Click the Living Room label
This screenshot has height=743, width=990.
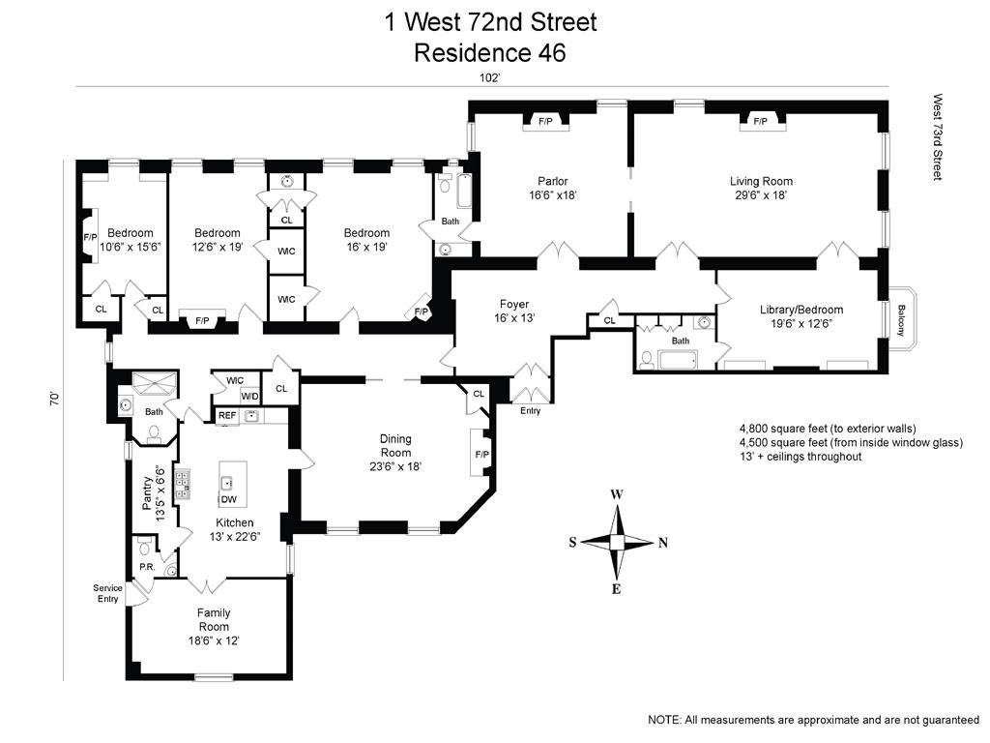(761, 181)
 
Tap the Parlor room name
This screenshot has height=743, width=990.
(552, 181)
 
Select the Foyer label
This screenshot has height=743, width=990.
(514, 305)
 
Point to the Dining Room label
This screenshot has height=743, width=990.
(395, 445)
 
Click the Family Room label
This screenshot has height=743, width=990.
(214, 620)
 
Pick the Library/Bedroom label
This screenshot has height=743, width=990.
(801, 310)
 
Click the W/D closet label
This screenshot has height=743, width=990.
(249, 396)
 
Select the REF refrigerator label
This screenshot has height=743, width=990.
(226, 416)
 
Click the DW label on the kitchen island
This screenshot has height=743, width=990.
(228, 499)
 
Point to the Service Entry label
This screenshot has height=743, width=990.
(108, 593)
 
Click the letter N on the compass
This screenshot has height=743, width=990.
(662, 543)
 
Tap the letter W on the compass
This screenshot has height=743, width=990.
(617, 494)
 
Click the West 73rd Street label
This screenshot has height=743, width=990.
(938, 137)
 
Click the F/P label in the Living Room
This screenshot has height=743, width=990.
(760, 121)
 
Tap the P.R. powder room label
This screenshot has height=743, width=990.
(147, 567)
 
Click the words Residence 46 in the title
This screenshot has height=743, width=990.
(490, 52)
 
